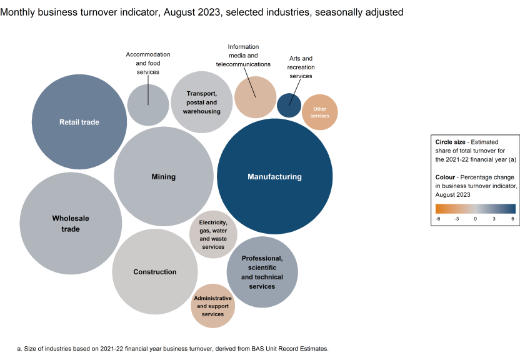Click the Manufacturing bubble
[x=274, y=177]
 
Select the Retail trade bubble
[x=79, y=122]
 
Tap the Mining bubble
[x=164, y=177]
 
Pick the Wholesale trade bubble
[x=71, y=224]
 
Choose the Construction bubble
[x=154, y=272]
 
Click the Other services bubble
[x=320, y=112]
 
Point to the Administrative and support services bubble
[x=213, y=306]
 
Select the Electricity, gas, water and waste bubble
[x=213, y=234]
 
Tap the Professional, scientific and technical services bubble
[x=262, y=272]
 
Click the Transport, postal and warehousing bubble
[x=201, y=102]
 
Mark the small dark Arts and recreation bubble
[x=289, y=104]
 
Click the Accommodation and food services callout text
[x=148, y=63]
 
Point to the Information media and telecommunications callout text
[x=243, y=56]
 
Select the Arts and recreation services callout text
[x=300, y=67]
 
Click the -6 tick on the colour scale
[x=438, y=218]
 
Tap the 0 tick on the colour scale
[x=475, y=218]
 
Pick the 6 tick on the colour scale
[x=512, y=218]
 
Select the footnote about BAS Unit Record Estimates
[x=172, y=348]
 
